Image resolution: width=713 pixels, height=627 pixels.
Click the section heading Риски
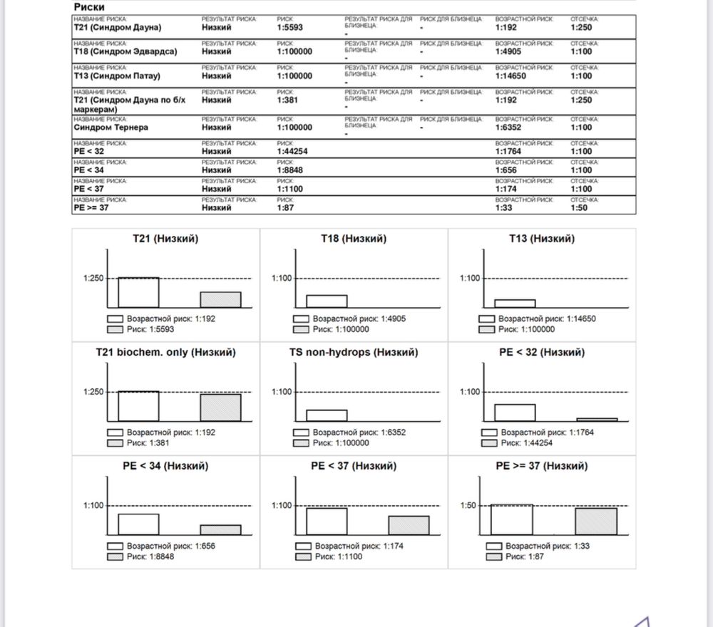pos(89,7)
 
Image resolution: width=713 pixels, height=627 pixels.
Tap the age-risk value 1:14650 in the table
pos(513,76)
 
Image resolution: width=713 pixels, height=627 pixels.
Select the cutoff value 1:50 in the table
pos(580,208)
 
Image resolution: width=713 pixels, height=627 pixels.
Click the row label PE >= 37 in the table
pos(92,208)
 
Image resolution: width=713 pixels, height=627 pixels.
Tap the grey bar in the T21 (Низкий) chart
pos(220,300)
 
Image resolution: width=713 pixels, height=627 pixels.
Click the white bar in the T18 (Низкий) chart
pos(327,301)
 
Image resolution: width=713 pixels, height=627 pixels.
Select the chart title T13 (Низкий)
pos(541,239)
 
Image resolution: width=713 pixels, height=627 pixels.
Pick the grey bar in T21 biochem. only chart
pos(220,408)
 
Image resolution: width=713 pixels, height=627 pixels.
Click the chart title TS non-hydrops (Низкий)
pos(354,352)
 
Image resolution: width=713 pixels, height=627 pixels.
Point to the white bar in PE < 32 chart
pos(515,413)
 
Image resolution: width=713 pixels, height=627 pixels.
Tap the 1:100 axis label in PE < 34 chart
pos(93,506)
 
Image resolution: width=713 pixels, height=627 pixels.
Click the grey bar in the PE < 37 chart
pos(409,525)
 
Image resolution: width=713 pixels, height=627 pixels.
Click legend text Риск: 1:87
pos(525,556)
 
